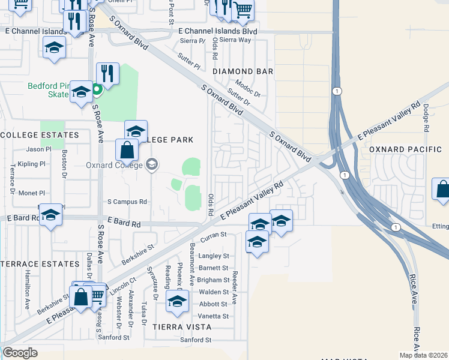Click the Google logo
20,353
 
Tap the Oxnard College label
113,164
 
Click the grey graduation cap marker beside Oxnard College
152,164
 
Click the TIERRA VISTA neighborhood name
182,327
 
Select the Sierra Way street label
235,40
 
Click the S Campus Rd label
127,202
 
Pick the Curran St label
213,236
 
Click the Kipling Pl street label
32,164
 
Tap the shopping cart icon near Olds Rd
243,10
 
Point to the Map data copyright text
423,355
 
